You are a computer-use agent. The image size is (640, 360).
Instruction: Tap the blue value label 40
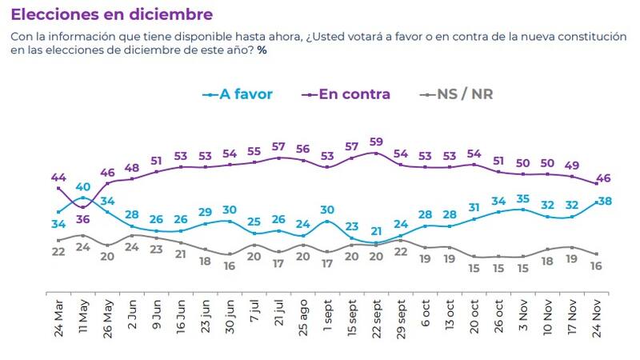tap(82, 187)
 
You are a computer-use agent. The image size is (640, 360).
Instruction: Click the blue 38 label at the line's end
tap(606, 201)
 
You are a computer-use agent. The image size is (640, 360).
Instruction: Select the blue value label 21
tap(376, 232)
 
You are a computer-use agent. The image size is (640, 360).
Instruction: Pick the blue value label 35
tap(522, 198)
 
